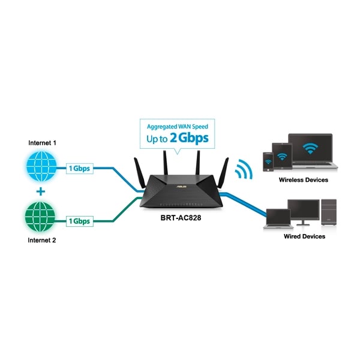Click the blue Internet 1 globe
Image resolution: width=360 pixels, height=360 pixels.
[41, 166]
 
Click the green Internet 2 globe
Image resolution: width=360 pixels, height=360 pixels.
[40, 217]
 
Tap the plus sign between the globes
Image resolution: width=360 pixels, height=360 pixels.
[41, 191]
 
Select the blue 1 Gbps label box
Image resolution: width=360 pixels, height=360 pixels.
[80, 168]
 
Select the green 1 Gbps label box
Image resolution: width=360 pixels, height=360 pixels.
[80, 221]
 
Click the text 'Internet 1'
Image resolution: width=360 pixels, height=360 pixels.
[42, 143]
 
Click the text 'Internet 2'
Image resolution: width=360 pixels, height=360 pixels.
[42, 240]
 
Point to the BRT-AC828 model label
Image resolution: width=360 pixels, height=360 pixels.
[181, 218]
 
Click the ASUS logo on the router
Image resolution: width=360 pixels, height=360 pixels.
[181, 187]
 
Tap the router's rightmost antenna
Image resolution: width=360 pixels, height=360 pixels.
[224, 173]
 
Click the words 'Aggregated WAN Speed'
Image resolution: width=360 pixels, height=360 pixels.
[178, 127]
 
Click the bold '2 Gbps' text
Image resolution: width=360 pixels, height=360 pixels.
[189, 138]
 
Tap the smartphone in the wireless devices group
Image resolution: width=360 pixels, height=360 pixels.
[268, 162]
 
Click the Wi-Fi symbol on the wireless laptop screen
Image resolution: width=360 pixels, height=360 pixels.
[310, 148]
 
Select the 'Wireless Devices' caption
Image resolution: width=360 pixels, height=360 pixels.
[303, 180]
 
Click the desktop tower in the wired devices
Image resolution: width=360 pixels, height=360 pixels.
[329, 212]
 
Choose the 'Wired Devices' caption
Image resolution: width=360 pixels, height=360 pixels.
[304, 236]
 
